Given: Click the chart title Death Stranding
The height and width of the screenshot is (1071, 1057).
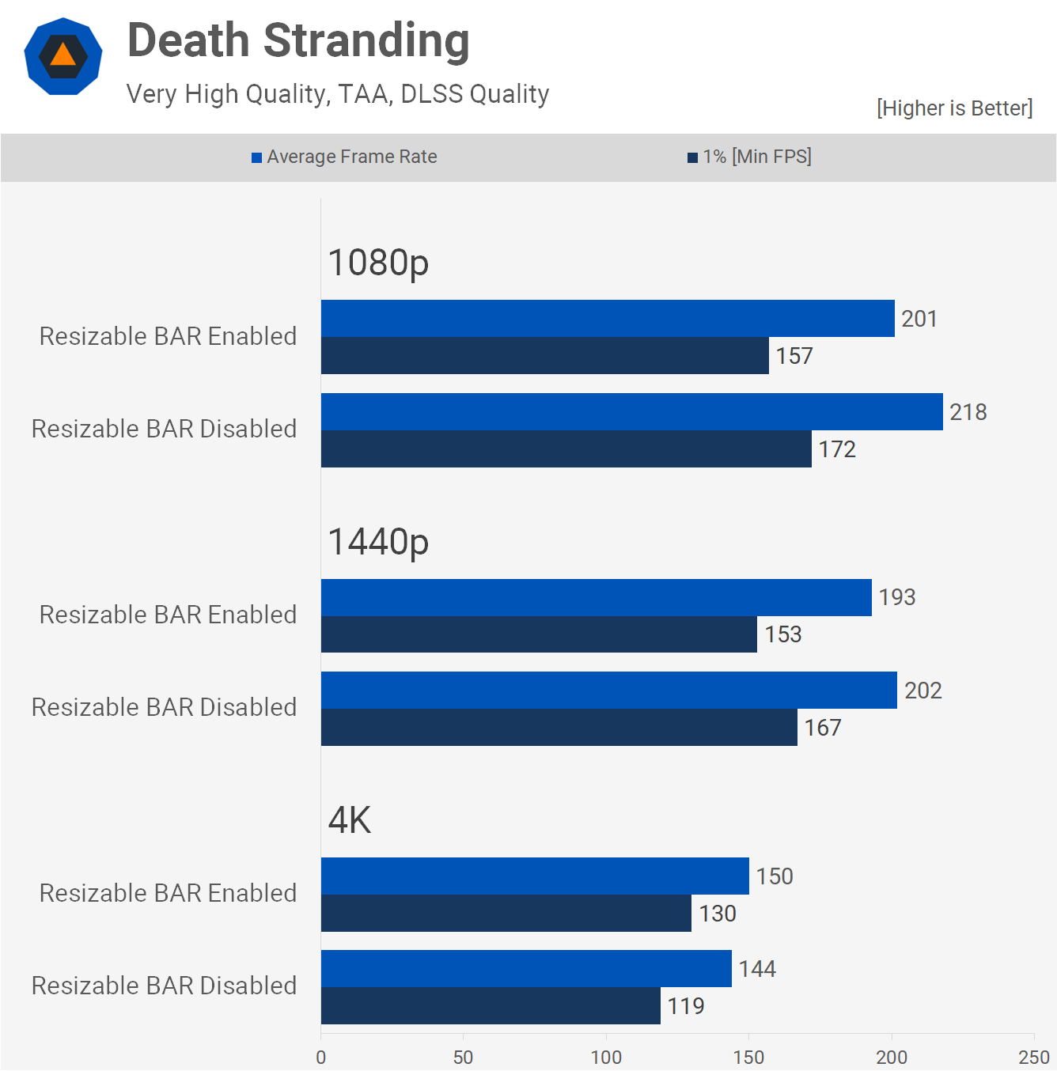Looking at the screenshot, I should [x=298, y=40].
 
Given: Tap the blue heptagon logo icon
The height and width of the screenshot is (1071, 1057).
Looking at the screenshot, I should [x=63, y=56].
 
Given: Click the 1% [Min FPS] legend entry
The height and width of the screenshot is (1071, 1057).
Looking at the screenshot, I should [x=749, y=157].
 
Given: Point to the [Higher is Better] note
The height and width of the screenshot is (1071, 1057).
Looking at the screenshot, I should [x=954, y=108].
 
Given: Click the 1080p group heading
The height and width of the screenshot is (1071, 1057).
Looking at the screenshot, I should [x=378, y=263].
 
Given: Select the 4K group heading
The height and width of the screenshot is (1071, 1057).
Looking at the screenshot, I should [x=349, y=820].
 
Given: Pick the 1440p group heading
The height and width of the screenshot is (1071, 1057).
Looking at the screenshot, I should [x=378, y=542].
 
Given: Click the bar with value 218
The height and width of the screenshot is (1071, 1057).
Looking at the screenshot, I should [x=631, y=411].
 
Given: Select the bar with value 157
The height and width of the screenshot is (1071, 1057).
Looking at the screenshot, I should [x=544, y=355].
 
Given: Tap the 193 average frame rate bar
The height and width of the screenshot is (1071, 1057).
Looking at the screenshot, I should [x=596, y=597].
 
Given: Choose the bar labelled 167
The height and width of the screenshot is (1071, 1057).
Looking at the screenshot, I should [x=559, y=727].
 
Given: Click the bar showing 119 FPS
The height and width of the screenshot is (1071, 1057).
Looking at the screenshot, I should [x=491, y=1005].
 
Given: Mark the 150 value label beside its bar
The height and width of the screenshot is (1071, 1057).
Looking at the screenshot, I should [x=775, y=876].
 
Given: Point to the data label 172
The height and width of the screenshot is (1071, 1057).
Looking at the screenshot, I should [x=837, y=449].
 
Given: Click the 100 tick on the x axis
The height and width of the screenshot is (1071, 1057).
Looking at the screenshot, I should [x=606, y=1057].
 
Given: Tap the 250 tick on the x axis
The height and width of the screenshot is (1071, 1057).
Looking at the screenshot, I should [x=1033, y=1057].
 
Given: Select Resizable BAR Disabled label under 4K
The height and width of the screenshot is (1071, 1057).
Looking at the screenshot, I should [x=164, y=986].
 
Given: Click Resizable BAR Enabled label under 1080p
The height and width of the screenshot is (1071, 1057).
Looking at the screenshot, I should [x=168, y=336].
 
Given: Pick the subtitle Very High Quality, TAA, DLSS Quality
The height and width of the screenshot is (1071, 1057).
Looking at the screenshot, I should [x=338, y=94].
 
